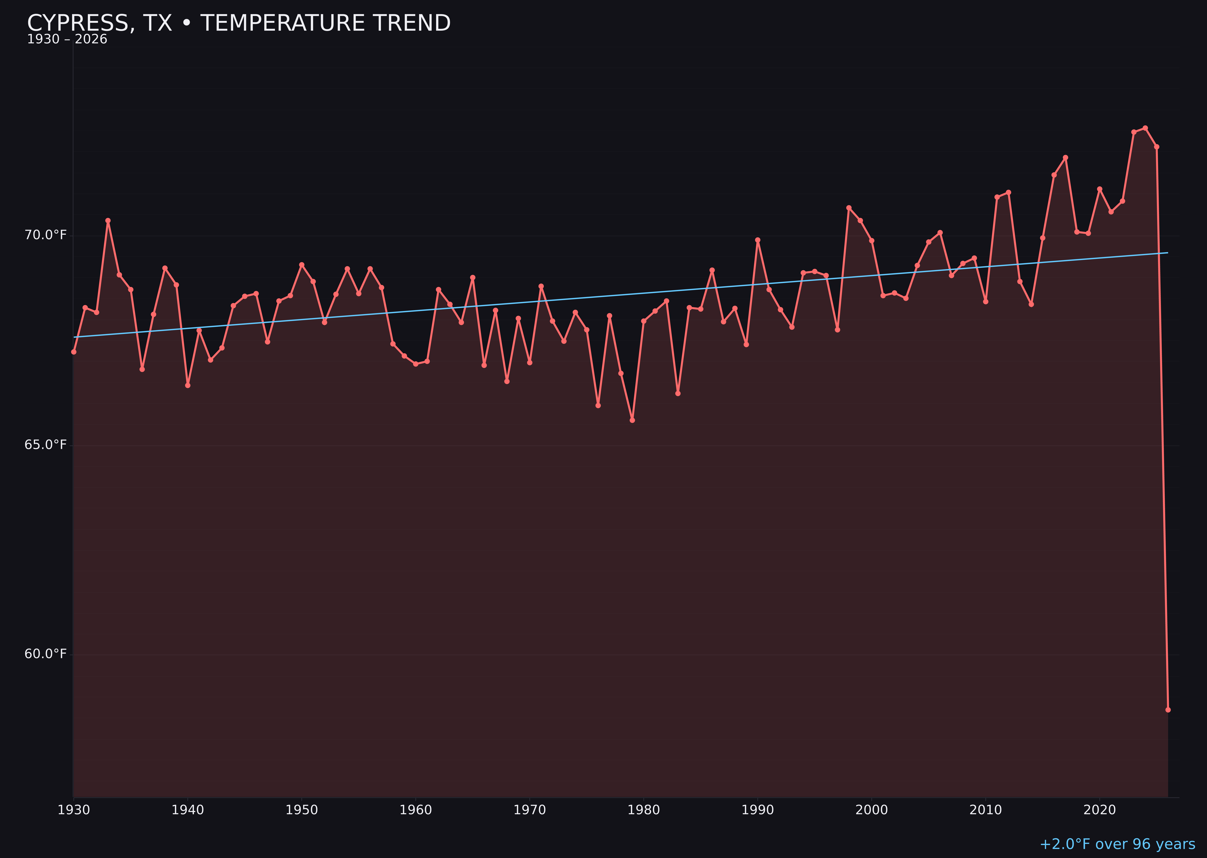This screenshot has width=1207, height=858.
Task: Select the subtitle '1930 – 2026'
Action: [67, 40]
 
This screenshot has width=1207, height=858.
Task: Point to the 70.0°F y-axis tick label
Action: [46, 235]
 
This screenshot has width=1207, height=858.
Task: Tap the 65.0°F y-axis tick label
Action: [46, 445]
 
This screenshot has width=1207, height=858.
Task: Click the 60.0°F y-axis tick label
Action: [46, 654]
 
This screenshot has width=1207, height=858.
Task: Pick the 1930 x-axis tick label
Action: [74, 810]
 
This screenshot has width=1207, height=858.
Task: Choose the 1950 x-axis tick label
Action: [302, 810]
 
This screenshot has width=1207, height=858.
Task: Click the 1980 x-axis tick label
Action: [644, 810]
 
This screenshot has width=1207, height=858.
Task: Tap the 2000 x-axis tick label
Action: [871, 810]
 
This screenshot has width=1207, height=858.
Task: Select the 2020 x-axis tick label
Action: [1099, 810]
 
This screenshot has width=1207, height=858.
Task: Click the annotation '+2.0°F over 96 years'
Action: [1117, 844]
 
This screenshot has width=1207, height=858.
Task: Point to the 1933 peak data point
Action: [108, 221]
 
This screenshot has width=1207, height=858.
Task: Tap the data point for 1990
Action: [758, 240]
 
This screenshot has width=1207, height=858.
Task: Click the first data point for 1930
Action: [74, 352]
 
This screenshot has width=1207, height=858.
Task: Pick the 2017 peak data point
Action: [1065, 157]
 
